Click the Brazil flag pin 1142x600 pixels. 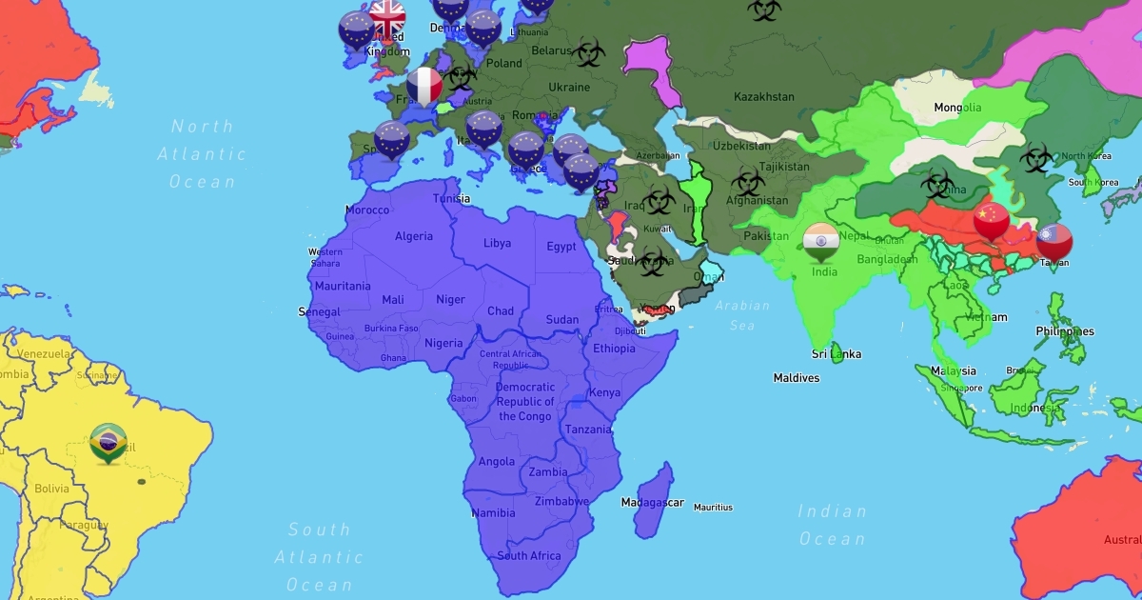108,440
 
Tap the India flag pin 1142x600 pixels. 820,241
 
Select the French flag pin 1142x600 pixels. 424,86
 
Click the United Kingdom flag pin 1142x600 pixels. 387,17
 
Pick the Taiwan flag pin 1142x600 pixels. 1054,240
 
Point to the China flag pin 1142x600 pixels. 992,220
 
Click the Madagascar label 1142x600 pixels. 652,502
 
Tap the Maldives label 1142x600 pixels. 796,378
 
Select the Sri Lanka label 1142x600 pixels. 836,354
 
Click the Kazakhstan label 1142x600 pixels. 763,96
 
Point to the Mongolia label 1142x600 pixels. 956,107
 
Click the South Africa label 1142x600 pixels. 529,555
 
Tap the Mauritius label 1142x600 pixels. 714,508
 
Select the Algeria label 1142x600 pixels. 413,236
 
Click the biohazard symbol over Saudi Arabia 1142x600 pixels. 651,260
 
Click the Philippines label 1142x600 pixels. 1065,331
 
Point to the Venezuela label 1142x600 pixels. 44,353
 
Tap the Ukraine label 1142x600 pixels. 569,88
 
